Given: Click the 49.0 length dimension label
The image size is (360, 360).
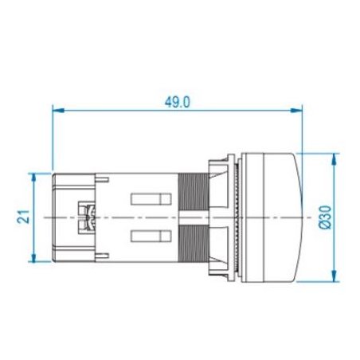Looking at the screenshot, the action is coord(178,102).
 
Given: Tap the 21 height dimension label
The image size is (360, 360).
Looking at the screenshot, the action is coord(23,217).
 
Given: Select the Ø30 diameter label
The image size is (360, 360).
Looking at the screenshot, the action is coord(325,217).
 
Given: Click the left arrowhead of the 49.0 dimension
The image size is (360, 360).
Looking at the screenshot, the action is coord(58,110).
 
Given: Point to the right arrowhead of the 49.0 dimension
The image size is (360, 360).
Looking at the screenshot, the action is coord(296,110).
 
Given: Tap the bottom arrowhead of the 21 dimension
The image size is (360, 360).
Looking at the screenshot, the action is coord(33,256).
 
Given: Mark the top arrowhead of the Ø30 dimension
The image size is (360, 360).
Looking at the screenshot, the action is coord(335,159).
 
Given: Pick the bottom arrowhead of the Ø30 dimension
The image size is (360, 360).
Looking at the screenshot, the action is coord(335,276).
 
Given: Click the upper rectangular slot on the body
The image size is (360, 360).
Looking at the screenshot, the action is coord(151,199).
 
